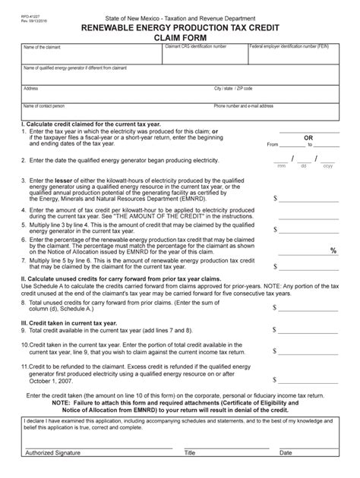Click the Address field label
click(x=31, y=88)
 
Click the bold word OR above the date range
click(x=308, y=138)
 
